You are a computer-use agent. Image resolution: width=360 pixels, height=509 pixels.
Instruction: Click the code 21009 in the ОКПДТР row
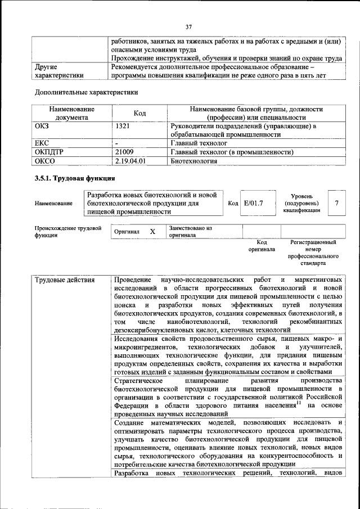pos(124,152)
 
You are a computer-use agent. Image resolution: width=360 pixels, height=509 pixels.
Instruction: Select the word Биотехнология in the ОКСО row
pos(193,160)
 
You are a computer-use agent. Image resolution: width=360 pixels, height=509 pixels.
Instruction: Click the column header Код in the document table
pos(140,114)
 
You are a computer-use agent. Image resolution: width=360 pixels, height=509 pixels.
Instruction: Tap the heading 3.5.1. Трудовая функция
pos(75,179)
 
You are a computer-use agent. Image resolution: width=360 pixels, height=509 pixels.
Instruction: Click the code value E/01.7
pos(253,203)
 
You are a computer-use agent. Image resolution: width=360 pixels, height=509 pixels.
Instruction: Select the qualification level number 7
pos(336,203)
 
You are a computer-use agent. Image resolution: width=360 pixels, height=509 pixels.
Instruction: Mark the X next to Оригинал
pos(152,231)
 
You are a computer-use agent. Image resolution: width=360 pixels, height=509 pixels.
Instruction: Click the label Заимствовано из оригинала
pos(190,232)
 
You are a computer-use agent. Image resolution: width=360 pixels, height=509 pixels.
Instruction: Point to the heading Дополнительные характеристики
pos(86,92)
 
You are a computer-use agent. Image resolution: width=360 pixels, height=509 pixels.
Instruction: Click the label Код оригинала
pos(262,246)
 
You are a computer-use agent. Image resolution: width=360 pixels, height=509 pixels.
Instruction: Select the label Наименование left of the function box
pos(53,204)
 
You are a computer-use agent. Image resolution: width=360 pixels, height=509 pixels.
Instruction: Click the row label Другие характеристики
pos(59,70)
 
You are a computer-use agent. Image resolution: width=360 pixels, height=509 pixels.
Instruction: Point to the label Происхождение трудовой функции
pos(67,232)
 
